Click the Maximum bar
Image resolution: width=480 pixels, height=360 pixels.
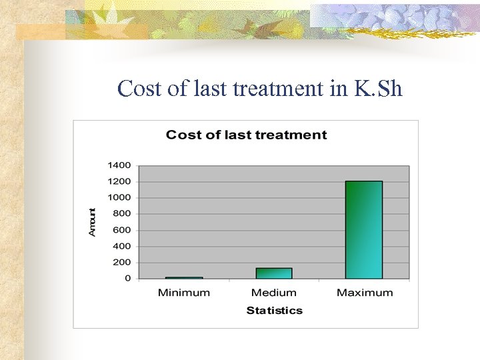[364, 229]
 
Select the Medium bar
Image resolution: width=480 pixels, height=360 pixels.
[274, 273]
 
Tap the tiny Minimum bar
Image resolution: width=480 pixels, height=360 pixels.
[184, 277]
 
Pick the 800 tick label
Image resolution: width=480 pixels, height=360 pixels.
[121, 214]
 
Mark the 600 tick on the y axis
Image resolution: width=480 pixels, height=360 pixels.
[121, 230]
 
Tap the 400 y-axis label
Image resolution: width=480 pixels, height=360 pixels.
[121, 246]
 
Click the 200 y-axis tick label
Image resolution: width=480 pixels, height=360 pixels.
[121, 262]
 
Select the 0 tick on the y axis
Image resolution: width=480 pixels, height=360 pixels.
[127, 279]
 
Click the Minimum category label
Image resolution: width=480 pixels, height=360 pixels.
[184, 293]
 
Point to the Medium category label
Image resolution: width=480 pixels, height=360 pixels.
[274, 293]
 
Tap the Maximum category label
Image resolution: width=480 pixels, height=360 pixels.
[365, 293]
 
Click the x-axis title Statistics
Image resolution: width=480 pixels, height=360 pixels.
[274, 311]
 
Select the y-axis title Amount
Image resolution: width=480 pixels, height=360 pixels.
[93, 221]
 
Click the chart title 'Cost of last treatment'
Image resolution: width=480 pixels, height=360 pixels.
[246, 135]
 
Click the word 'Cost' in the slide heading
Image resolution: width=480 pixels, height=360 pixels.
[139, 88]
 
